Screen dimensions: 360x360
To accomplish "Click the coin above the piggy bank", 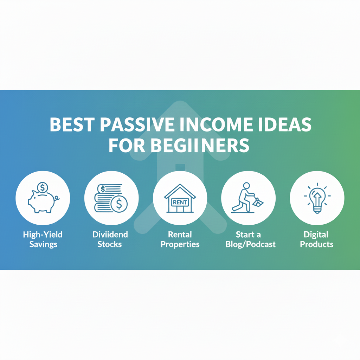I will tap(43, 187).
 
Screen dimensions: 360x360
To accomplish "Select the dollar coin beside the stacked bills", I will tap(119, 204).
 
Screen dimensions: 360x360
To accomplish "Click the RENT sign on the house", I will tap(180, 202).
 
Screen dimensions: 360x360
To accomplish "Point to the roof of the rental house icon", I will tap(180, 190).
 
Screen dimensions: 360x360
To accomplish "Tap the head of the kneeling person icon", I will tap(246, 185).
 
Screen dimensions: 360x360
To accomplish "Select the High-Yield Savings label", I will tap(43, 239).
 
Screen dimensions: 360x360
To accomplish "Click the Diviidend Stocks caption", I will tap(110, 239).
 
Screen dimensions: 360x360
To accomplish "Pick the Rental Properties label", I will tap(180, 239).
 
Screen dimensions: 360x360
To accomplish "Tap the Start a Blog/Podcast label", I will tap(248, 239).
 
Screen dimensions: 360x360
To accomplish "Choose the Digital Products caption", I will tap(316, 239).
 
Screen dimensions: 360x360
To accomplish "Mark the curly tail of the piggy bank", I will tap(57, 199).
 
